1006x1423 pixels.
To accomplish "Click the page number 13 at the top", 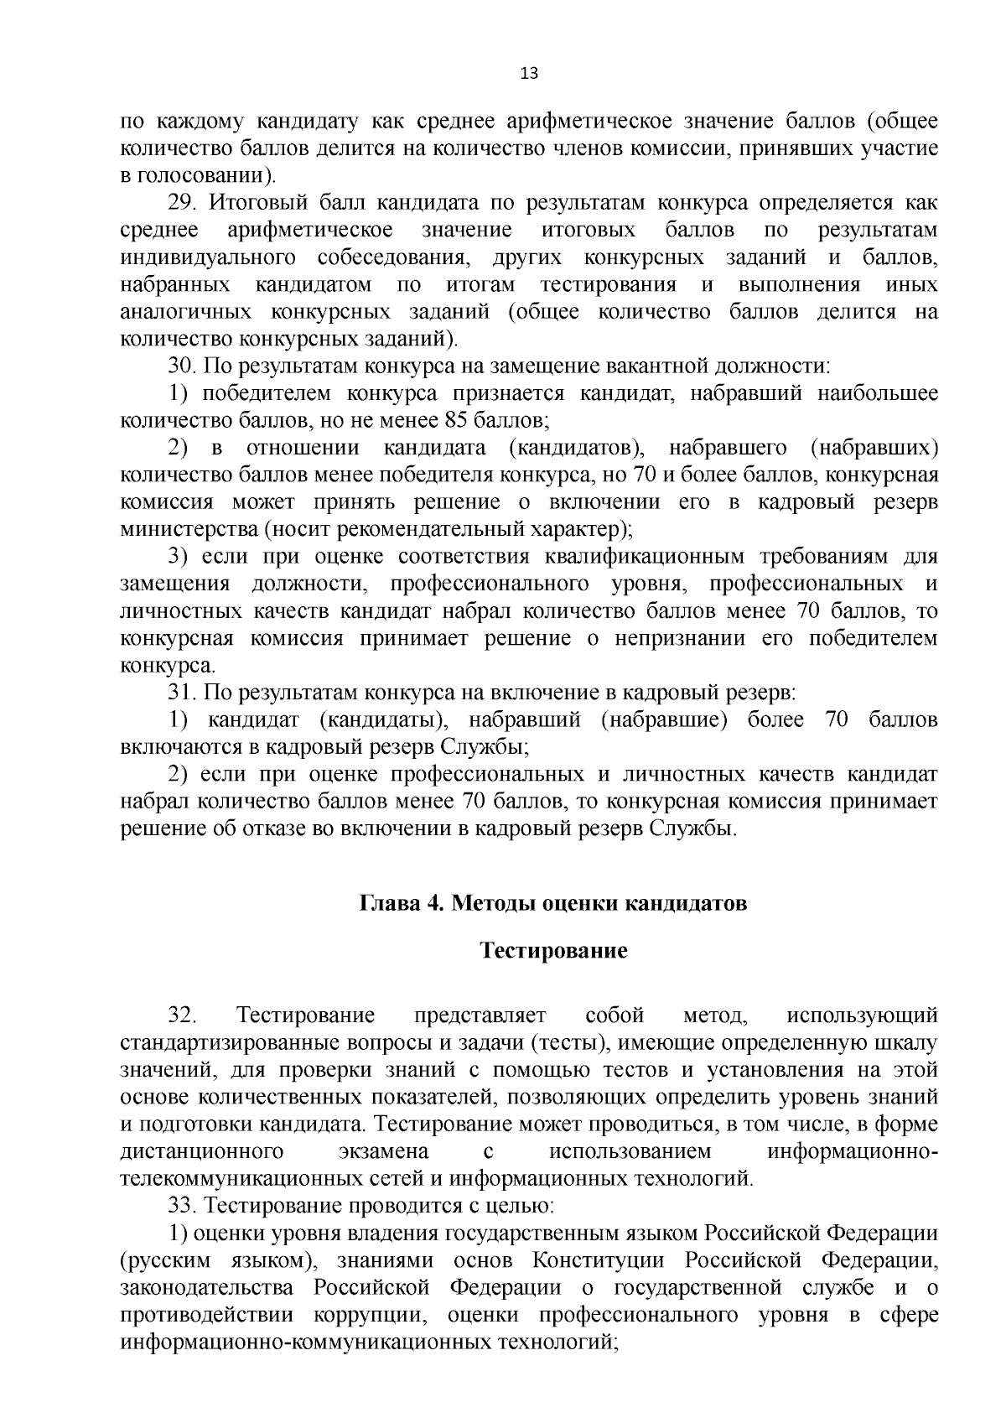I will pyautogui.click(x=528, y=73).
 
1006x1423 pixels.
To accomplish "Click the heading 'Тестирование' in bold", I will pyautogui.click(x=553, y=951).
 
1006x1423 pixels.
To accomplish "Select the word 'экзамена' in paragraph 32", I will pyautogui.click(x=383, y=1151).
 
